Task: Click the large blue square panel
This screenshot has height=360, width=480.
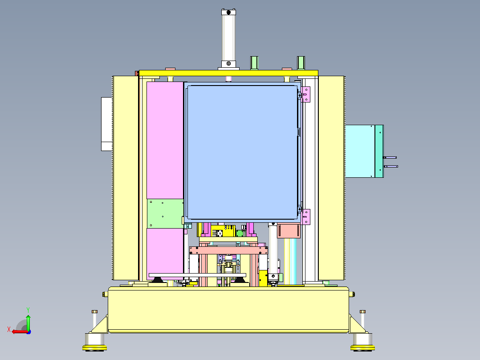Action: [242, 152]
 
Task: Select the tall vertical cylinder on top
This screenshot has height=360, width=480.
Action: [229, 38]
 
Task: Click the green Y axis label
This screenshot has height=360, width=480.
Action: [28, 310]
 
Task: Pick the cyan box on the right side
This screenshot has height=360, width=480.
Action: [360, 151]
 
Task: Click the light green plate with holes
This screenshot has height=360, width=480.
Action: [165, 213]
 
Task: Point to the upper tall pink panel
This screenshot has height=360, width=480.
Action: [165, 140]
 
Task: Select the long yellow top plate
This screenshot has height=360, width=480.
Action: [229, 73]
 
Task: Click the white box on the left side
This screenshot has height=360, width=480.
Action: [106, 124]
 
